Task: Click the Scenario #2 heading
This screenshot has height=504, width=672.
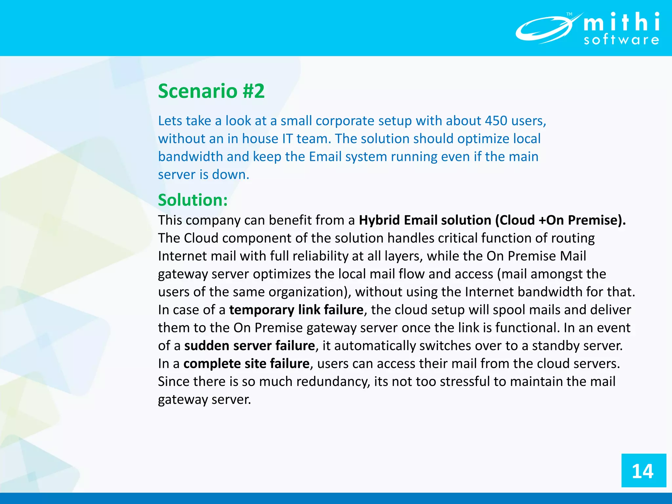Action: pos(211,91)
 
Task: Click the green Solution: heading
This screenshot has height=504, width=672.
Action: pos(193,200)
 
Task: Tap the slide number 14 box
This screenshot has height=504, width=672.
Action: pos(643,471)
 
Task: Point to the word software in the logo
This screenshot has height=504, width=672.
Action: pos(621,40)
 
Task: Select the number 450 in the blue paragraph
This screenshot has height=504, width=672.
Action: pos(496,121)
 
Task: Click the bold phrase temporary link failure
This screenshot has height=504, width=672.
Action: pos(296,310)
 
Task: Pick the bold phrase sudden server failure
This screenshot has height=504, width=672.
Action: pos(249,346)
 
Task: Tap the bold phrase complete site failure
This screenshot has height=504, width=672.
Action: pos(246,364)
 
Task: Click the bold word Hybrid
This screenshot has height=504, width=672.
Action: pos(379,220)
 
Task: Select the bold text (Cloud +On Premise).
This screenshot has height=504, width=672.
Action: pos(560,220)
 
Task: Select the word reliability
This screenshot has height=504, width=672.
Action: pos(320,256)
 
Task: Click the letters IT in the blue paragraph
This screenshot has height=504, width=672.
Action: pos(287,139)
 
